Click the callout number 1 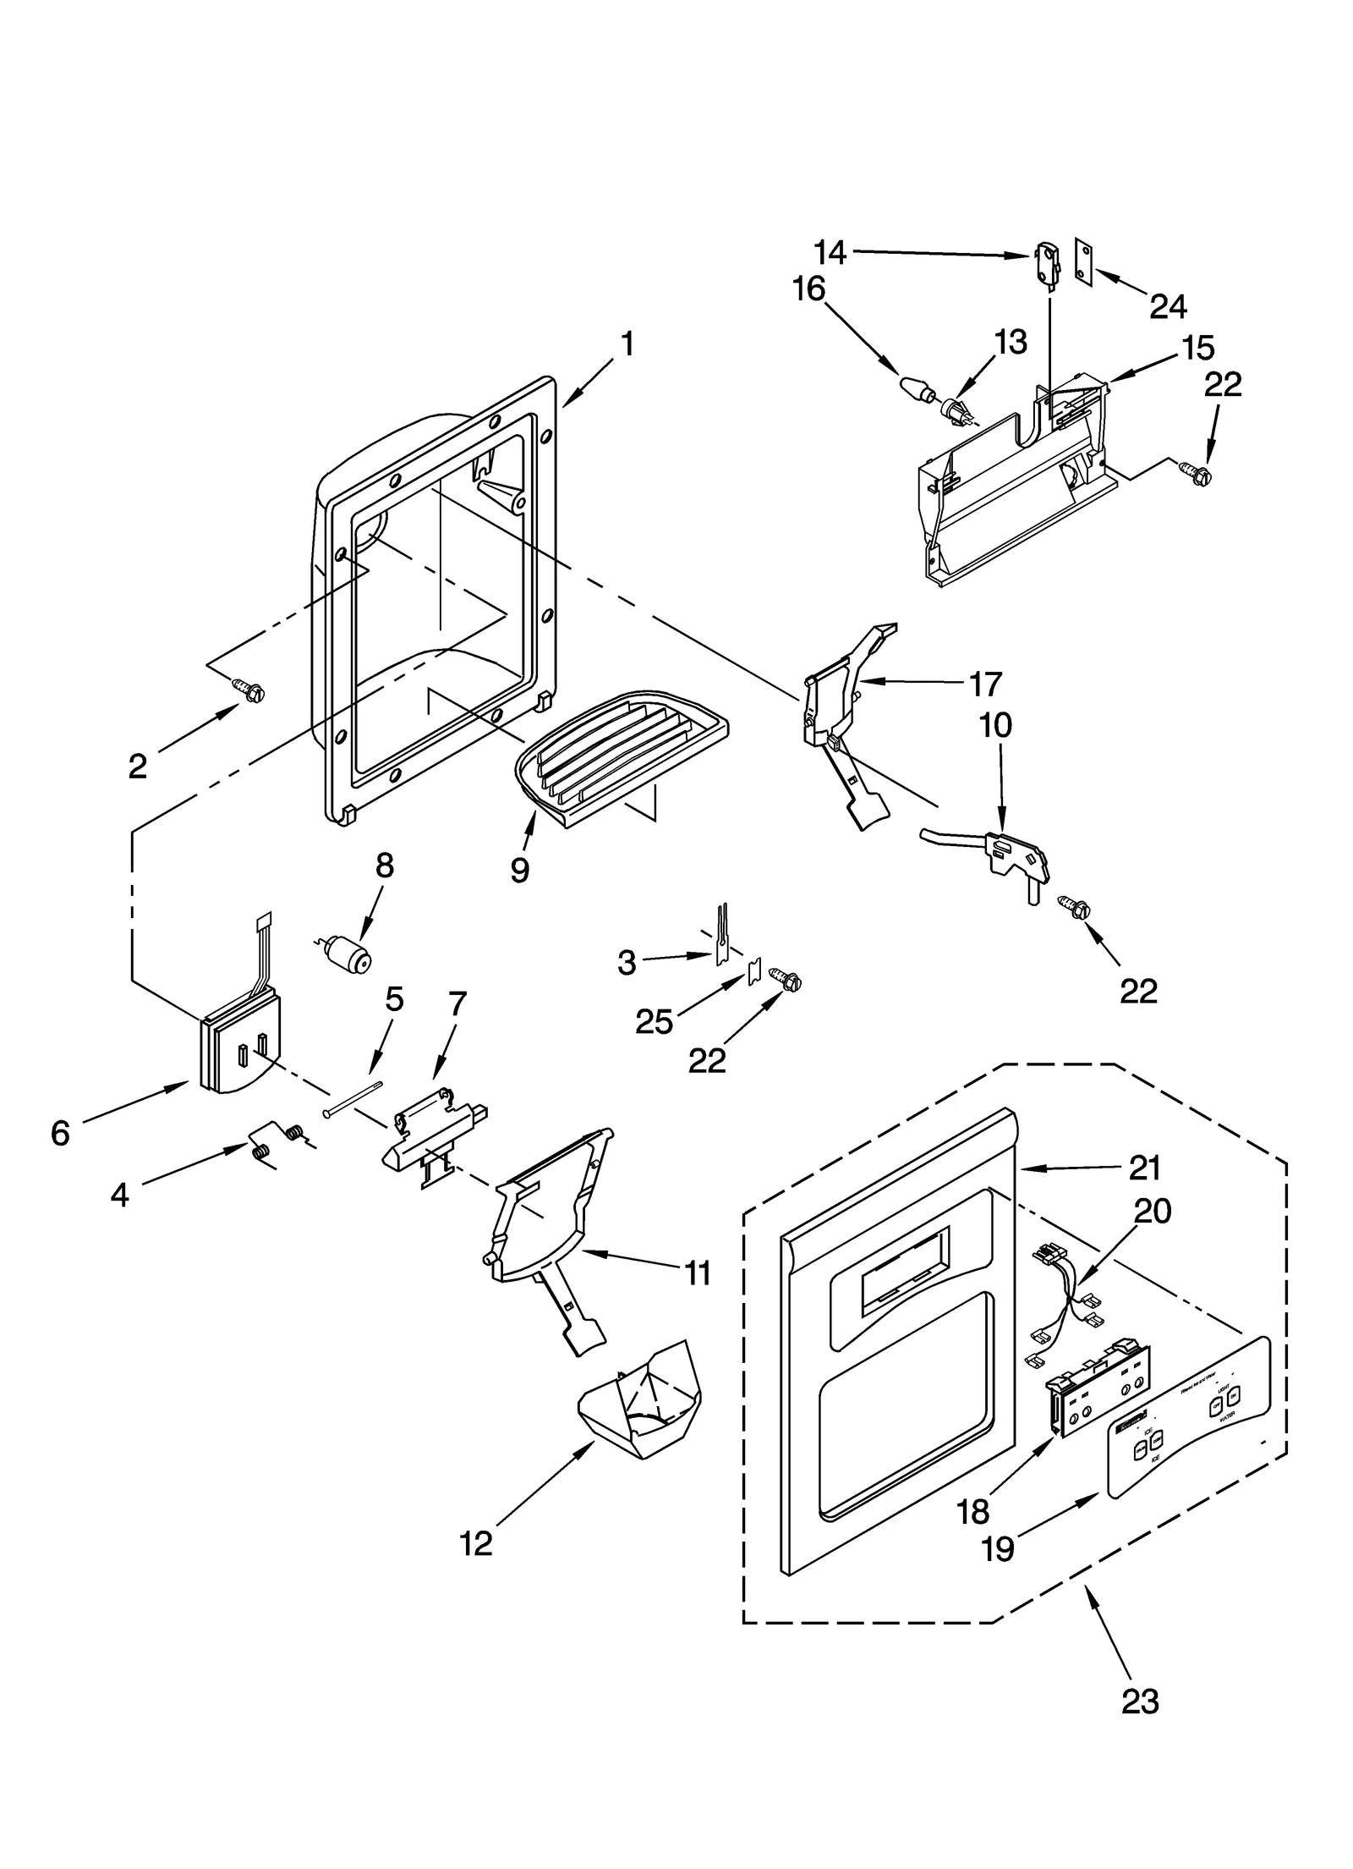(627, 344)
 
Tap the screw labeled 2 (251, 691)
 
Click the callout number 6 (59, 1133)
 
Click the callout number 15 (1198, 348)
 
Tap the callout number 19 (998, 1548)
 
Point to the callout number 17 (984, 684)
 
